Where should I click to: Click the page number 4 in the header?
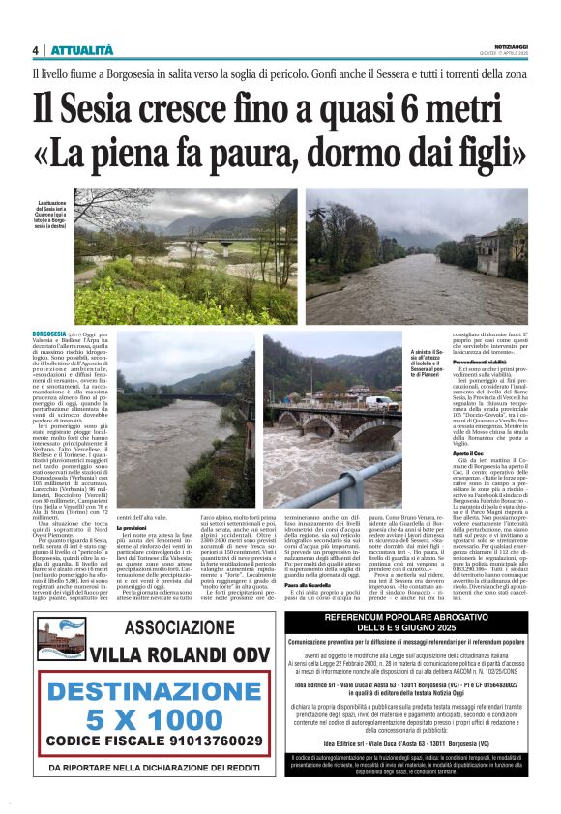click(36, 51)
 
